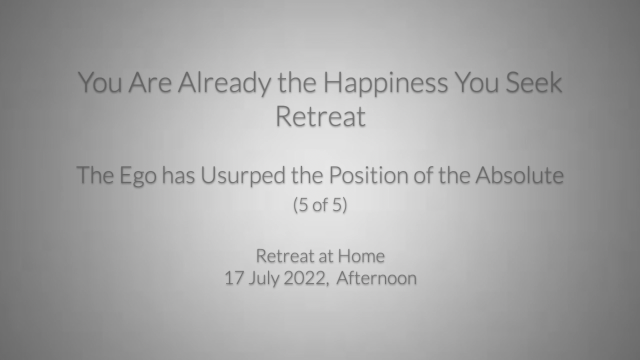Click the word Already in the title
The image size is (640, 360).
pyautogui.click(x=224, y=82)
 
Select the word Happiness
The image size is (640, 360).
pyautogui.click(x=385, y=82)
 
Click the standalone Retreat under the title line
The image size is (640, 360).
pyautogui.click(x=320, y=116)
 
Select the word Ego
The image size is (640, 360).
pyautogui.click(x=137, y=176)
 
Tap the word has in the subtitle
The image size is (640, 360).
pyautogui.click(x=178, y=174)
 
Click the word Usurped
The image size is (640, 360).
pyautogui.click(x=243, y=176)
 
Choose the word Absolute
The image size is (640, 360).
pyautogui.click(x=519, y=174)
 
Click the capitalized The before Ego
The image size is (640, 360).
pyautogui.click(x=95, y=174)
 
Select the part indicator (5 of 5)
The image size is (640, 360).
pyautogui.click(x=320, y=204)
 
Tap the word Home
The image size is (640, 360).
pyautogui.click(x=361, y=255)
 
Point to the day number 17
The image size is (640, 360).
pyautogui.click(x=233, y=278)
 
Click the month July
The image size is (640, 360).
pyautogui.click(x=263, y=279)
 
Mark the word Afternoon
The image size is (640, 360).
pyautogui.click(x=376, y=278)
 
